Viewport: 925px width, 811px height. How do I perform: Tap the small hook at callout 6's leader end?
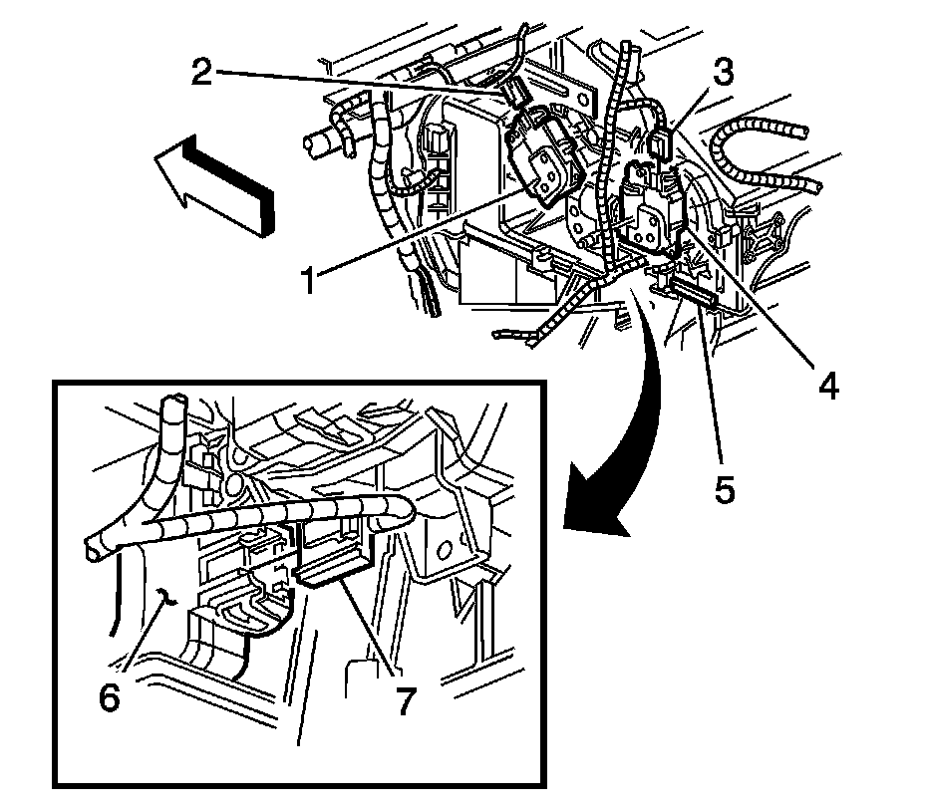coord(166,598)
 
